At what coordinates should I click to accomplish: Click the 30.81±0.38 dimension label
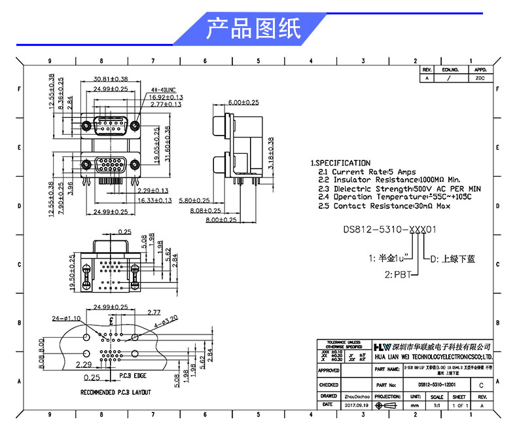coord(111,79)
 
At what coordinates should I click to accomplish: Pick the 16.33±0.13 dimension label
coord(155,200)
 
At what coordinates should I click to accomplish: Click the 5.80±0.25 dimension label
coord(194,200)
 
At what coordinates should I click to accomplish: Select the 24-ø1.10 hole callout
coord(65,318)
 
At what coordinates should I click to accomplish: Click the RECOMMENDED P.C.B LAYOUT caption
coord(115,392)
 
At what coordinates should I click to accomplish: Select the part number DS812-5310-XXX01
coord(390,230)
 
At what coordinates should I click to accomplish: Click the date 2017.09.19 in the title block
coord(357,406)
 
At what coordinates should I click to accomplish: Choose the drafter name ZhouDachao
coord(357,397)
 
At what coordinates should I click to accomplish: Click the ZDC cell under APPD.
coord(480,78)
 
